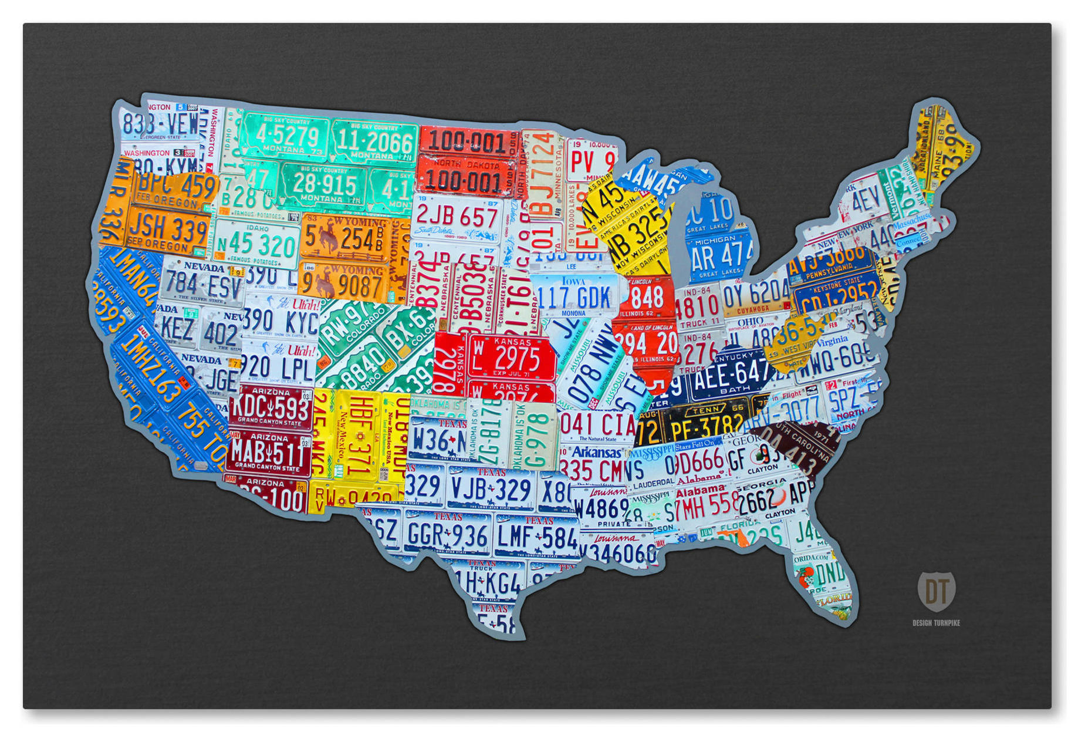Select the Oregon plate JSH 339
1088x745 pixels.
tap(168, 230)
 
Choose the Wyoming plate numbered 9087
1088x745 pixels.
tap(343, 283)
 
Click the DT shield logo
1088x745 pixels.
tap(935, 591)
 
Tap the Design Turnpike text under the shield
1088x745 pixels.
tap(936, 622)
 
